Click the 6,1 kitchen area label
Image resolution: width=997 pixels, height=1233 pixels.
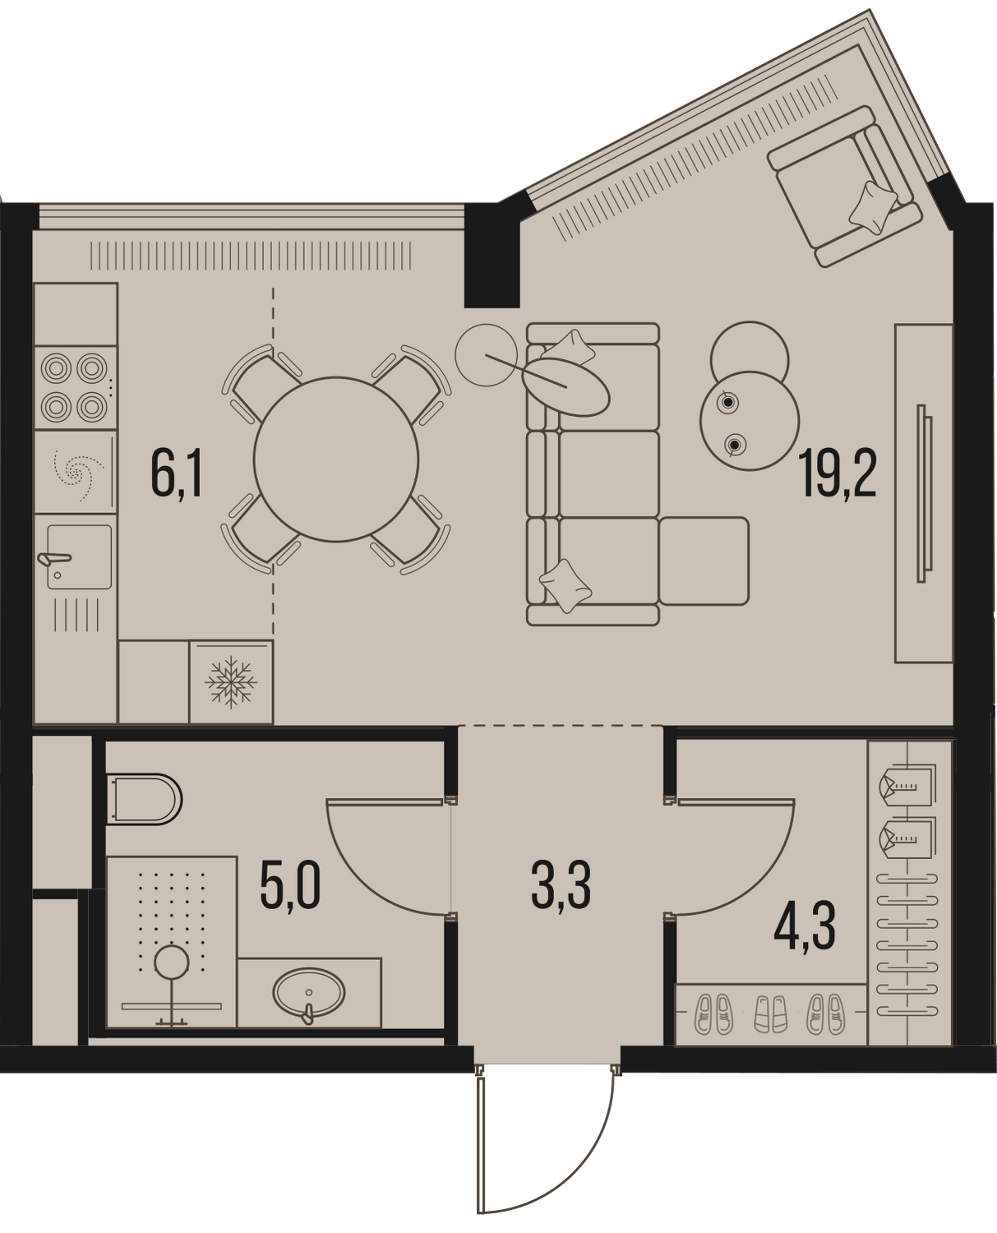(177, 476)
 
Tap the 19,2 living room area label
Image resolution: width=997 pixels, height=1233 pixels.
(838, 474)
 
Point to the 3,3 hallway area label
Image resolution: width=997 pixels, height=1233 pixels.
(561, 889)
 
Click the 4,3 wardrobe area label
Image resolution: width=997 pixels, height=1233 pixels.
(805, 929)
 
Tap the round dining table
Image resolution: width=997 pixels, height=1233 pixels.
(335, 459)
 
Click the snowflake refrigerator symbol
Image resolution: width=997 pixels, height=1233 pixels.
(231, 682)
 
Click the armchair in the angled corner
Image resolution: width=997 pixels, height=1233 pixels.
(844, 186)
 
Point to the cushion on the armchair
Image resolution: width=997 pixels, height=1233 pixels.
(873, 207)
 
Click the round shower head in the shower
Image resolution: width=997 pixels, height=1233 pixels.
(171, 963)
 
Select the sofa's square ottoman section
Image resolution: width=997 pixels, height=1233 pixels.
(704, 561)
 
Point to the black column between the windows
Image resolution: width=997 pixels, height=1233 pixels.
(492, 255)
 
